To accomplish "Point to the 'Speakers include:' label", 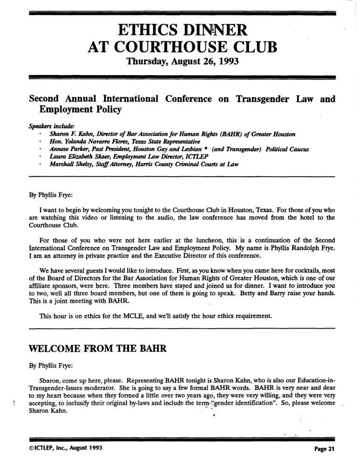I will tap(48, 126).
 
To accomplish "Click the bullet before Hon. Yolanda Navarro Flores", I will tap(41, 142).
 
